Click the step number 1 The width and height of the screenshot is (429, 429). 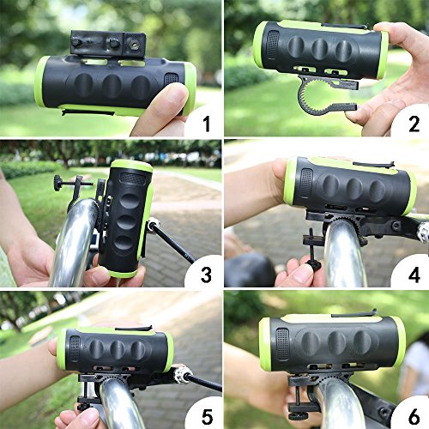click(207, 124)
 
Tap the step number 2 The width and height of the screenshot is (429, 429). click(414, 124)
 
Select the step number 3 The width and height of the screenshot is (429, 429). click(207, 275)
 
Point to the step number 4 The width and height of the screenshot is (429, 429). click(414, 275)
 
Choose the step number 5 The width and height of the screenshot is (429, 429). click(207, 417)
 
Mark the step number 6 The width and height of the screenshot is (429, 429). click(414, 417)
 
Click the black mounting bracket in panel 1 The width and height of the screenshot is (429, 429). click(108, 43)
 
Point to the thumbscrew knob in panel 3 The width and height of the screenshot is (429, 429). click(58, 183)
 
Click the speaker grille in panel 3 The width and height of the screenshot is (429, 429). click(132, 178)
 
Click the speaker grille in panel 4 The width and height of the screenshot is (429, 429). click(307, 184)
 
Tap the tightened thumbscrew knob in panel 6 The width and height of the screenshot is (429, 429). click(298, 414)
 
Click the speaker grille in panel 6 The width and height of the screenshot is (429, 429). click(282, 344)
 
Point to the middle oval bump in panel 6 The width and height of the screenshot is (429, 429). click(336, 342)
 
